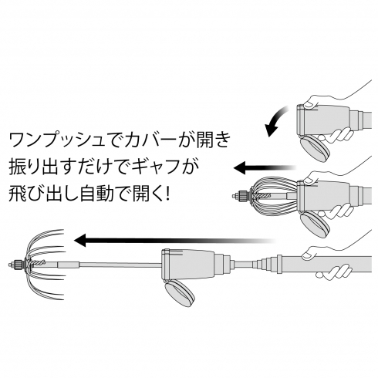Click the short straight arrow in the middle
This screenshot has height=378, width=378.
[x=265, y=168]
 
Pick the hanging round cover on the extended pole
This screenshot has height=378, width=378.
[x=180, y=293]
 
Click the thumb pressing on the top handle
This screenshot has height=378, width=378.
[x=310, y=103]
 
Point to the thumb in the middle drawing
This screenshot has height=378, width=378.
[x=310, y=177]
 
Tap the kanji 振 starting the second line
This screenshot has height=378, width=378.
[x=18, y=167]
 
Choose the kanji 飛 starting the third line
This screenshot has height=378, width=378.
[x=18, y=194]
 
